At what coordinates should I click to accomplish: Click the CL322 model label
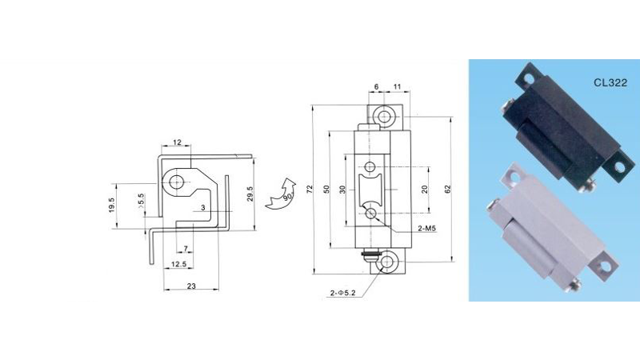pyautogui.click(x=610, y=83)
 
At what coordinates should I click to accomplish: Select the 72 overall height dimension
pyautogui.click(x=310, y=189)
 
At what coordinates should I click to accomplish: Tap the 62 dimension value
pyautogui.click(x=448, y=189)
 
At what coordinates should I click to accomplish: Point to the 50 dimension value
pyautogui.click(x=326, y=189)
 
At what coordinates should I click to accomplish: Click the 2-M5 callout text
pyautogui.click(x=427, y=228)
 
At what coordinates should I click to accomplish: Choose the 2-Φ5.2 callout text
pyautogui.click(x=343, y=293)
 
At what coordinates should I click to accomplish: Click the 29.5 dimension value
pyautogui.click(x=250, y=194)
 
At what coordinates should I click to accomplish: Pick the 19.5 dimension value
pyautogui.click(x=112, y=206)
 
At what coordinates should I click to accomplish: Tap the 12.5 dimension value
pyautogui.click(x=178, y=264)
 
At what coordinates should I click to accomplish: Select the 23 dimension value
pyautogui.click(x=191, y=286)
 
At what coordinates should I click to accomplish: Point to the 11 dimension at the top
pyautogui.click(x=397, y=86)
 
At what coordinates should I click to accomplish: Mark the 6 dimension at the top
pyautogui.click(x=376, y=86)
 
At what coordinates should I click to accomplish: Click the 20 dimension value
pyautogui.click(x=425, y=190)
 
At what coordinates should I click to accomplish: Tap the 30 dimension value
pyautogui.click(x=342, y=190)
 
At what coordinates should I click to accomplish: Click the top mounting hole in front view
pyautogui.click(x=384, y=116)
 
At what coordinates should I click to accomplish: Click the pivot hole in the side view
pyautogui.click(x=176, y=182)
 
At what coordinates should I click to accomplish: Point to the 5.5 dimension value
pyautogui.click(x=142, y=201)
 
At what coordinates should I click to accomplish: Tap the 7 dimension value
pyautogui.click(x=186, y=249)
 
